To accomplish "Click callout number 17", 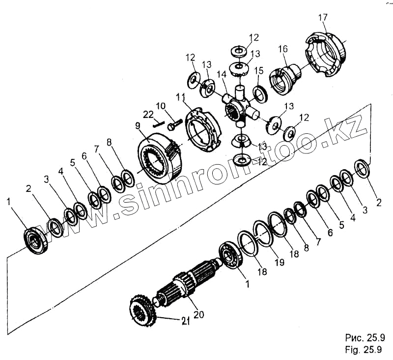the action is [322, 19].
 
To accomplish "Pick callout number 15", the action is [259, 71].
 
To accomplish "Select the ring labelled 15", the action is [260, 94].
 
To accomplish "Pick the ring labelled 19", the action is [264, 233].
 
